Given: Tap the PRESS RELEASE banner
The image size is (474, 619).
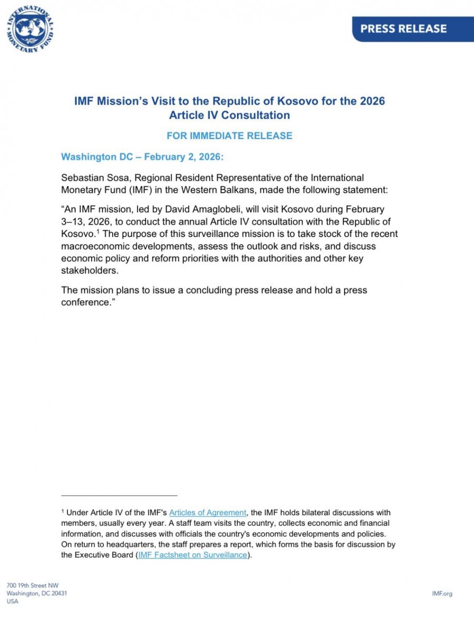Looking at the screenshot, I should click(x=403, y=28).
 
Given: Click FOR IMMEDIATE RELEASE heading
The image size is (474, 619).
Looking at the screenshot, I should click(x=229, y=135).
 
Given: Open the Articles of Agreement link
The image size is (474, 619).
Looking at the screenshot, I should click(x=208, y=513).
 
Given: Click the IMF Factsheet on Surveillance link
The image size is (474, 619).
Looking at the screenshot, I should click(x=192, y=555).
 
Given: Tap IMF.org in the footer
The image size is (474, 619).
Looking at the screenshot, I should click(x=442, y=594).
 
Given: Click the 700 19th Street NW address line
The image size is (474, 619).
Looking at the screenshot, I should click(x=33, y=585).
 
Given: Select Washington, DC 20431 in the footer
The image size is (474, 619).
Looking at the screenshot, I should click(x=37, y=594).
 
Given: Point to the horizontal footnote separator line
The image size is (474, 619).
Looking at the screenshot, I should click(x=119, y=495).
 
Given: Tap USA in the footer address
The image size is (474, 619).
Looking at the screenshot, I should click(x=12, y=602).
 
